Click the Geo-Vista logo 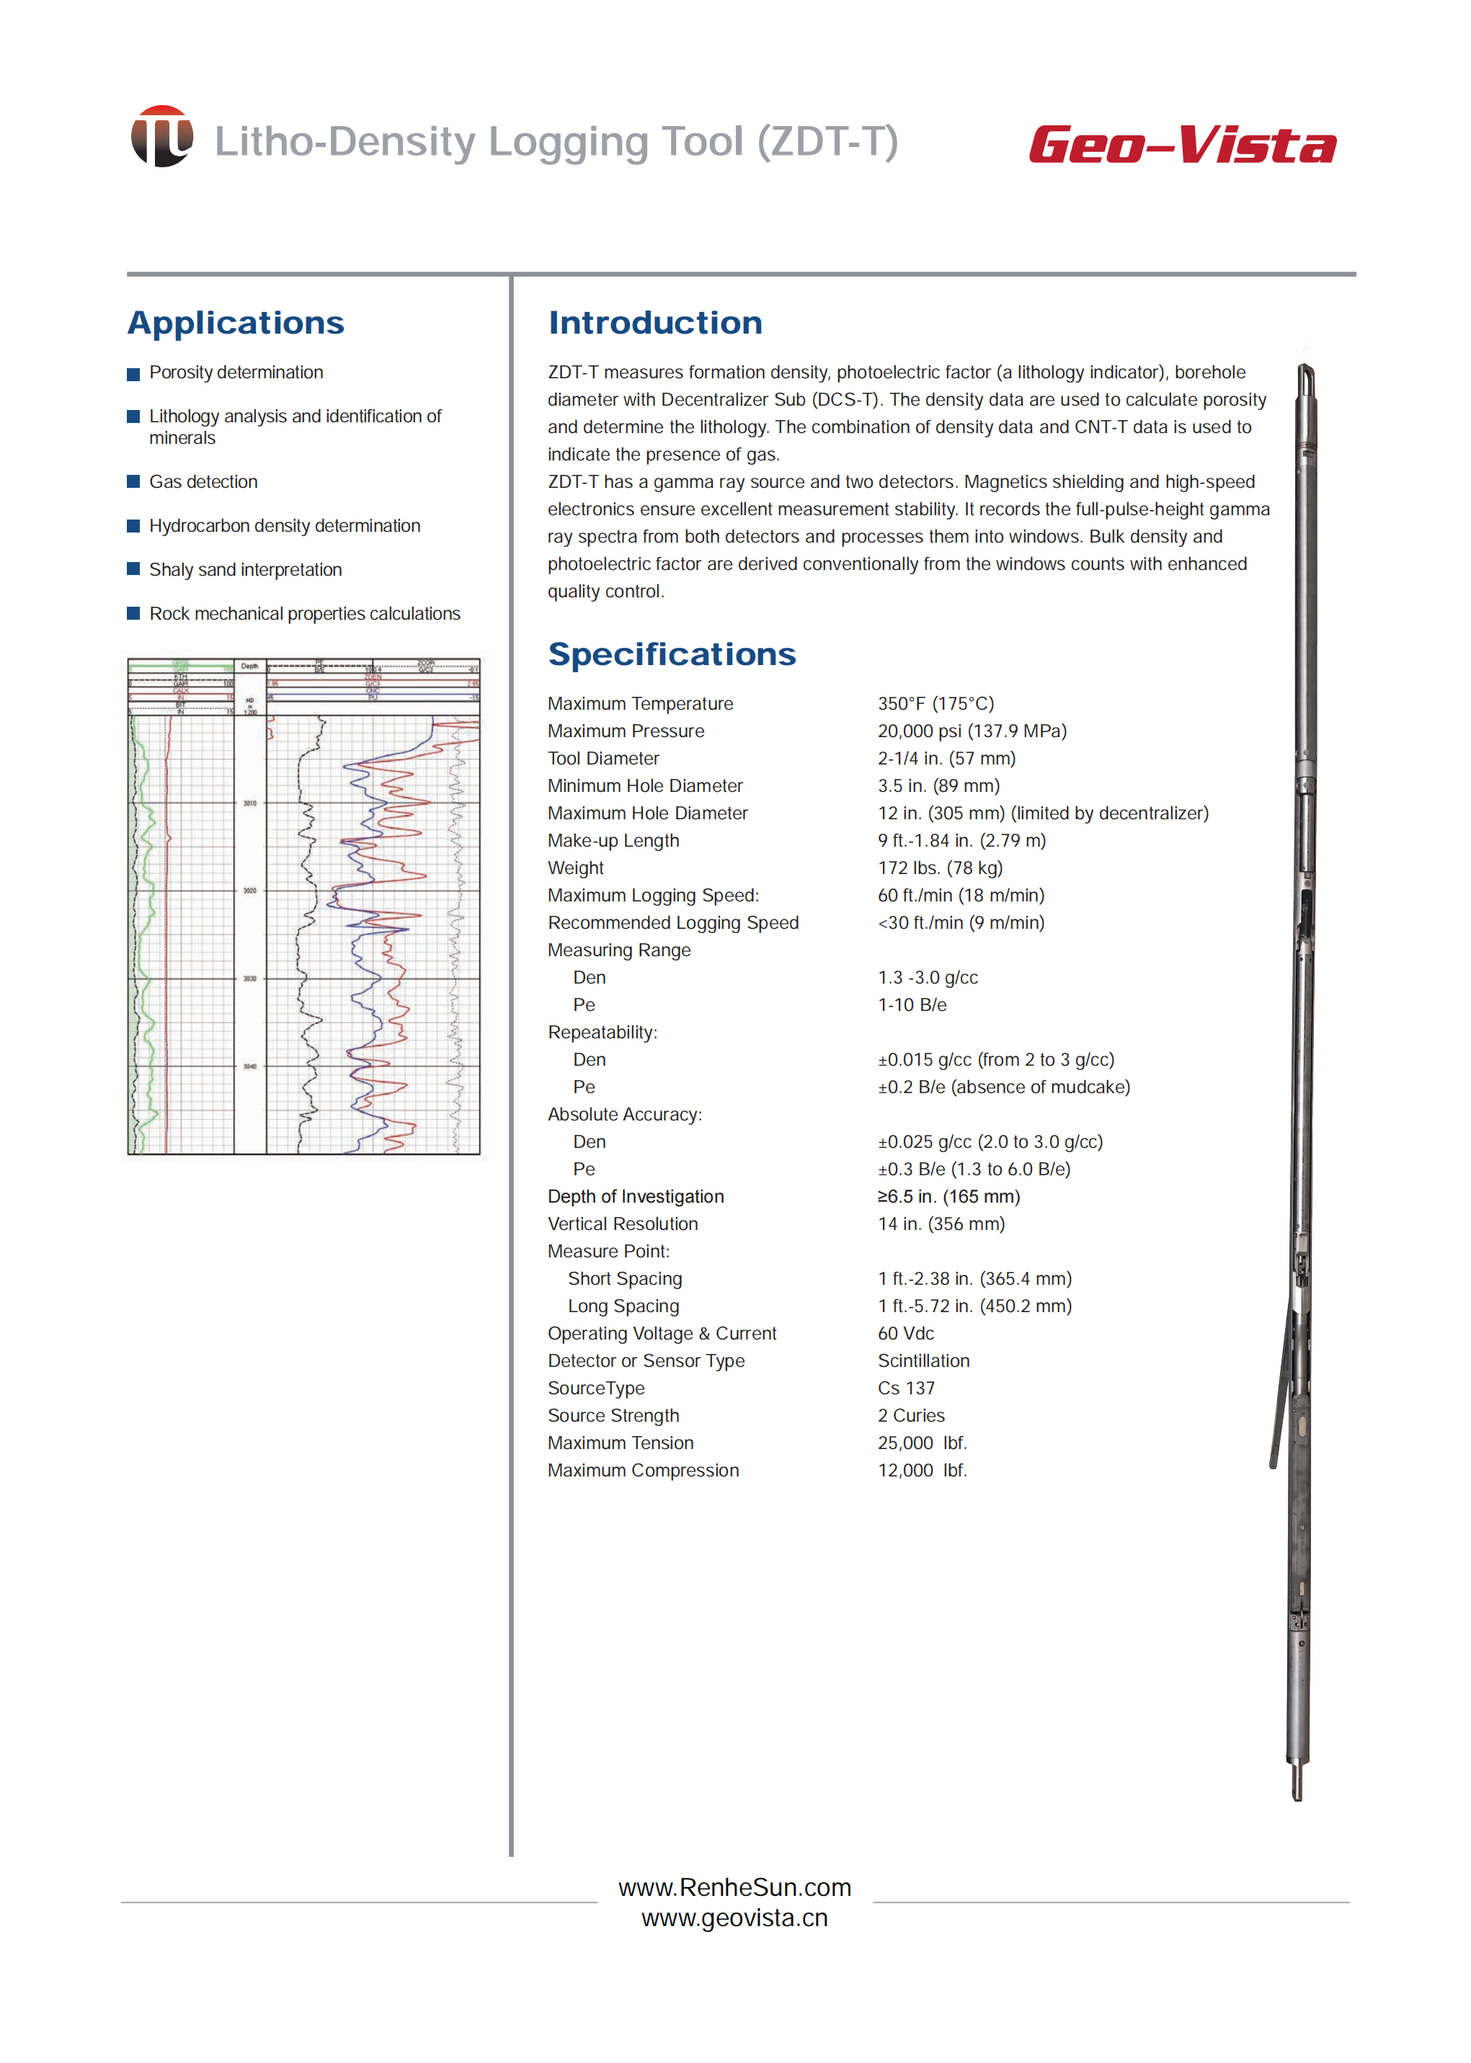click(1181, 145)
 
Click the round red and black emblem click(162, 137)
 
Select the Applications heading click(236, 324)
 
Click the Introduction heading click(655, 324)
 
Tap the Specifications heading click(671, 655)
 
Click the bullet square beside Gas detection click(133, 482)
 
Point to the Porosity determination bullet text click(236, 373)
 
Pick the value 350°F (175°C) click(935, 704)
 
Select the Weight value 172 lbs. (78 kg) click(939, 868)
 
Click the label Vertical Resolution click(622, 1224)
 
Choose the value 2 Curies click(910, 1415)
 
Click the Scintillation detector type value click(923, 1360)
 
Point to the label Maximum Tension click(621, 1443)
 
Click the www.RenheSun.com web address click(734, 1887)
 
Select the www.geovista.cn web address click(734, 1918)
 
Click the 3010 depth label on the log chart click(250, 803)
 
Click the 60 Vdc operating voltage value click(905, 1333)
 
